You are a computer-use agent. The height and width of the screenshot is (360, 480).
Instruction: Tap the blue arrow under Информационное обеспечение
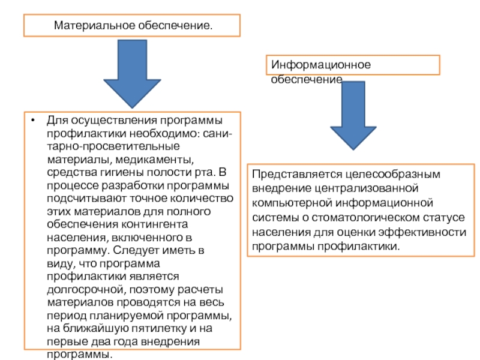pos(353,114)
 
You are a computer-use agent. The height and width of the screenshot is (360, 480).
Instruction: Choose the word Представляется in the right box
pos(293,175)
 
